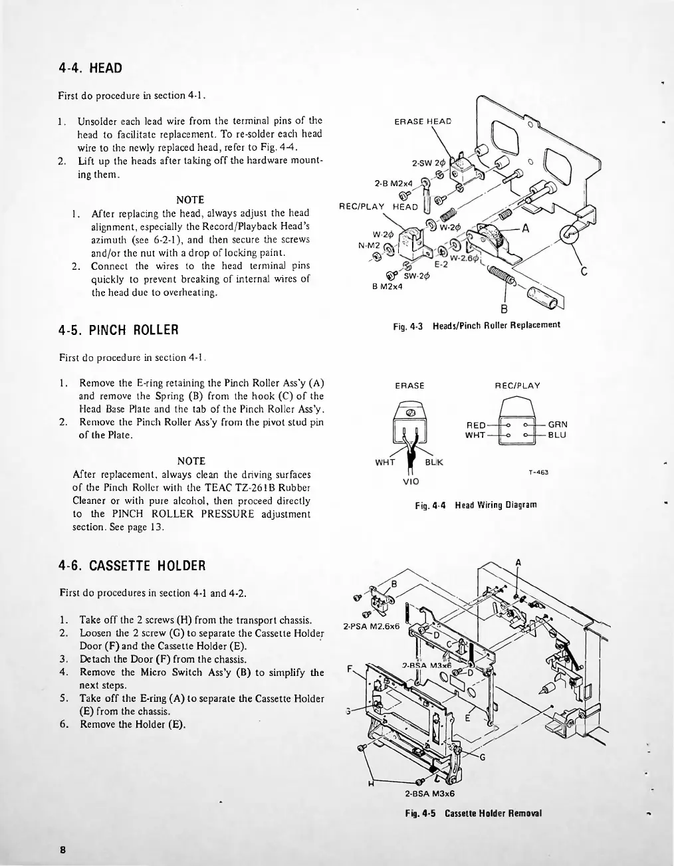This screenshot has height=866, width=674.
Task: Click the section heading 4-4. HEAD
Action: [90, 68]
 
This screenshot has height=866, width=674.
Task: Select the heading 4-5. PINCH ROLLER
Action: [119, 330]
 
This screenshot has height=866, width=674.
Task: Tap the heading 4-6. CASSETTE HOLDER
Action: [132, 566]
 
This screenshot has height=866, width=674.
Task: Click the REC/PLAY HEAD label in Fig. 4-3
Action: [378, 206]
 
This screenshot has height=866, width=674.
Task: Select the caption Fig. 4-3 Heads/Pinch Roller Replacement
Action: [477, 325]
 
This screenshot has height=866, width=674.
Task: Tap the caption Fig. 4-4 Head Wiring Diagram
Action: [475, 505]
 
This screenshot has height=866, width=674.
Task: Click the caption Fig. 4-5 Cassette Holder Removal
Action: [476, 813]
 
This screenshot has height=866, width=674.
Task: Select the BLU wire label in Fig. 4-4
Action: [557, 435]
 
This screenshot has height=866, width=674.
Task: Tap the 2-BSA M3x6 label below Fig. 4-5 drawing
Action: [429, 793]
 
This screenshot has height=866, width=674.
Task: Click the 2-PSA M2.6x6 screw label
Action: [369, 626]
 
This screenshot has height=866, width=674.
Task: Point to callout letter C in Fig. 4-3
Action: [584, 271]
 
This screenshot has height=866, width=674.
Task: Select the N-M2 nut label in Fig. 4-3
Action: [368, 245]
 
